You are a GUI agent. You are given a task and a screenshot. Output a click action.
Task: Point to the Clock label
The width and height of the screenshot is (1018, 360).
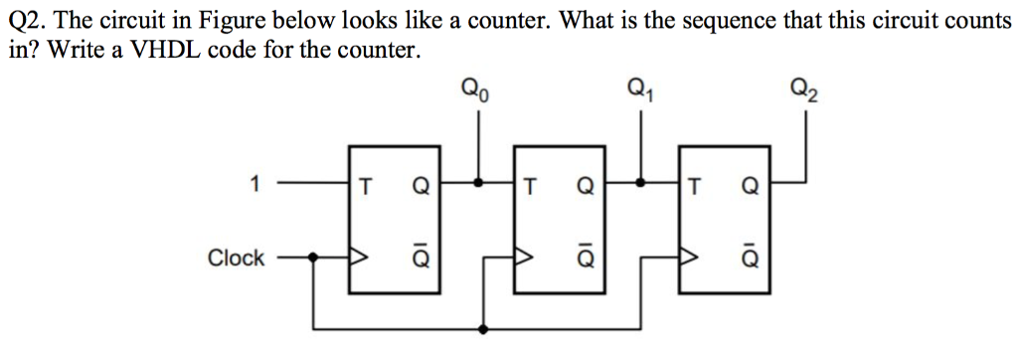point(236,258)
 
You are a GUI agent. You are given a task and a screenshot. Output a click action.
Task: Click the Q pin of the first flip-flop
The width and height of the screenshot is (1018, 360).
point(421,184)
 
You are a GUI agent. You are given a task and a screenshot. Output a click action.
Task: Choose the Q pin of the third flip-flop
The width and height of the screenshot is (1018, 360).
point(750,184)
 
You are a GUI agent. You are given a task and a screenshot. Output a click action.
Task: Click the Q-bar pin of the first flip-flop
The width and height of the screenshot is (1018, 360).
point(421,258)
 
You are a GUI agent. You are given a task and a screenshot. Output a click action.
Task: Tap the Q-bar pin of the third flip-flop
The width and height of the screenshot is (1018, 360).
point(750,258)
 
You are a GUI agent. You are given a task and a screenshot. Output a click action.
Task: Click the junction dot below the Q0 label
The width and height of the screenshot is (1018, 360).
point(479,183)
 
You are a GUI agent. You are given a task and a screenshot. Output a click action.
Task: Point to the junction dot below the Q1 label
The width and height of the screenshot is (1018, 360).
point(641,183)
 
